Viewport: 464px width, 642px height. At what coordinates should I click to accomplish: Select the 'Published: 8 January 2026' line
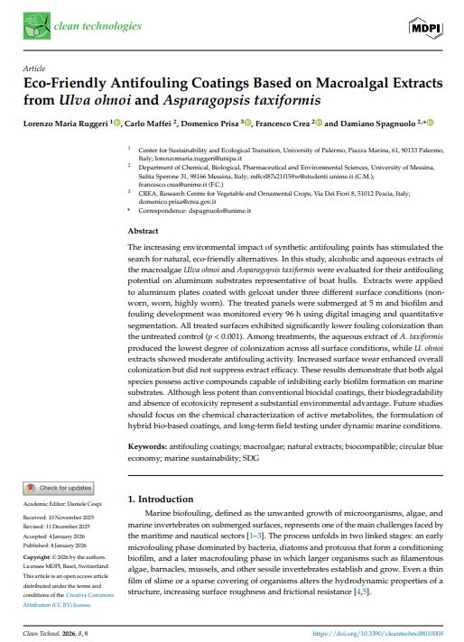coord(60,544)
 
